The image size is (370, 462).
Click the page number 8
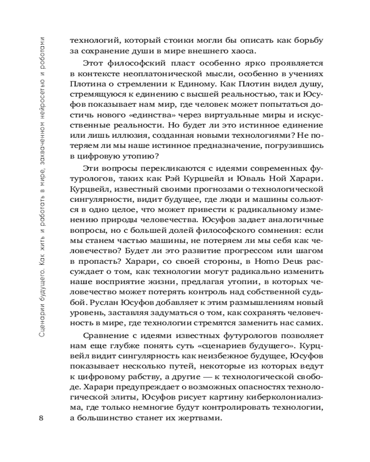click(42, 418)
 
